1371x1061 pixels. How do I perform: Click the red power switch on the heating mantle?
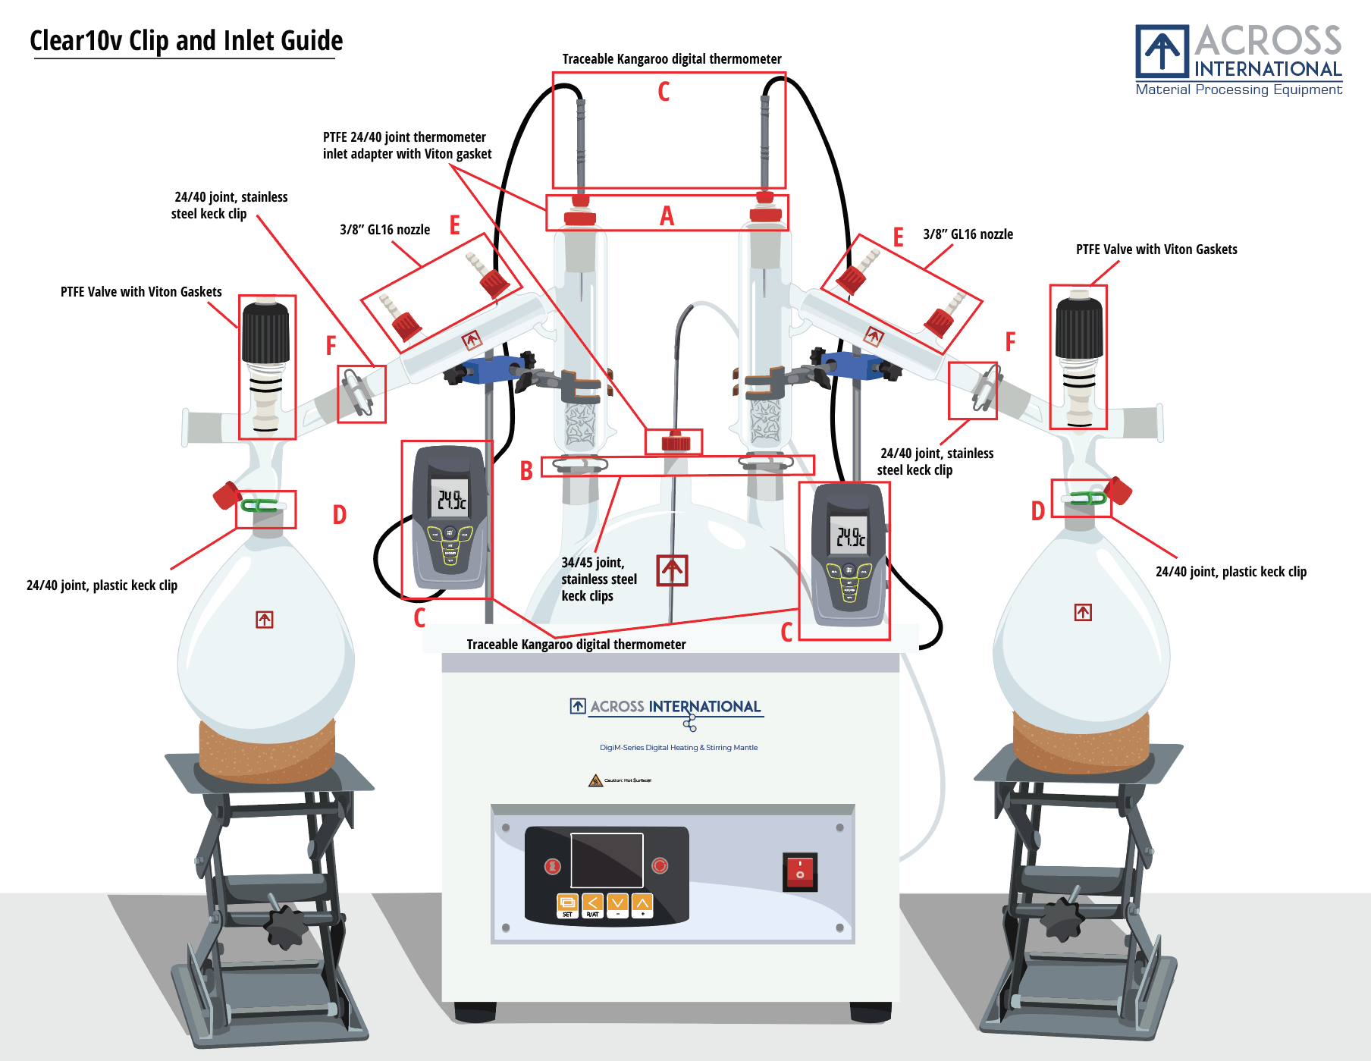click(x=799, y=871)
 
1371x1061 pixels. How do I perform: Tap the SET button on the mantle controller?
click(x=567, y=903)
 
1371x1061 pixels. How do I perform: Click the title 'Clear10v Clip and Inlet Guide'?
click(x=186, y=40)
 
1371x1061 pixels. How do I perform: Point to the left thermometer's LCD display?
click(x=450, y=498)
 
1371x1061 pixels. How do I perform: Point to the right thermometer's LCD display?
click(x=849, y=535)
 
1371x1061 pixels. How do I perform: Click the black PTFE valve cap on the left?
click(x=265, y=331)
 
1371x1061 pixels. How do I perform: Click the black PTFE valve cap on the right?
click(x=1079, y=327)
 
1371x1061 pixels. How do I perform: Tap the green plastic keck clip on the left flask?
click(x=260, y=505)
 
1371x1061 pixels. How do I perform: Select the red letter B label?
click(x=526, y=472)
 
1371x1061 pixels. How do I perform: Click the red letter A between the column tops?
click(x=667, y=217)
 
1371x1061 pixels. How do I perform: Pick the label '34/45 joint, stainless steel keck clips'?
click(x=598, y=579)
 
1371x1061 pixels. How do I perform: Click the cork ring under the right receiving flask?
click(x=1080, y=743)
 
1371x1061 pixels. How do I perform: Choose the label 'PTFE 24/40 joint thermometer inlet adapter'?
click(x=406, y=146)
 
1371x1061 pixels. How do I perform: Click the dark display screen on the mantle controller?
click(x=607, y=860)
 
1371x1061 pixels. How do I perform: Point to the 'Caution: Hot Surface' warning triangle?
click(x=595, y=780)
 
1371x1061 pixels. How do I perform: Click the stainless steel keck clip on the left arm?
click(x=357, y=391)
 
